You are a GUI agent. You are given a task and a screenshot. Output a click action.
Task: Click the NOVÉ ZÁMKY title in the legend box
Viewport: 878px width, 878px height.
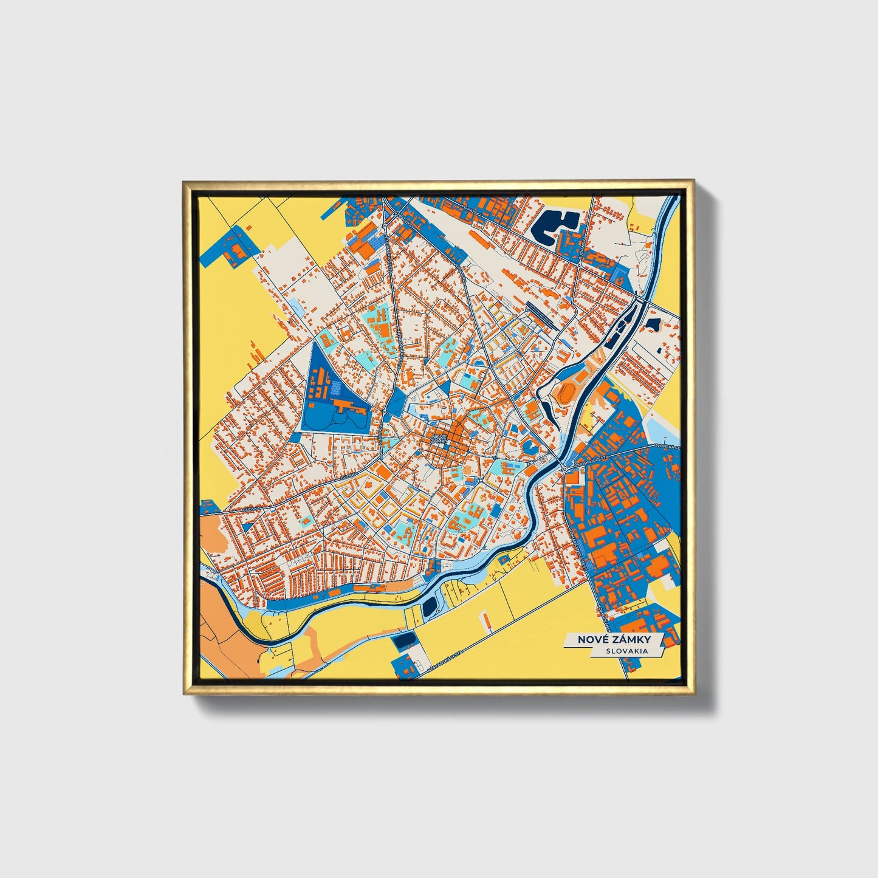(x=614, y=639)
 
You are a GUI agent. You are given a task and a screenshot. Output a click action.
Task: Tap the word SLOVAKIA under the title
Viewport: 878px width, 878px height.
(x=626, y=651)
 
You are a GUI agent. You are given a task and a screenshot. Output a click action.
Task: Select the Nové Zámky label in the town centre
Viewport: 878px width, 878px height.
(x=439, y=438)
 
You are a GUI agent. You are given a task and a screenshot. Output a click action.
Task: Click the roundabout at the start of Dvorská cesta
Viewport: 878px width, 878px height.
(x=565, y=469)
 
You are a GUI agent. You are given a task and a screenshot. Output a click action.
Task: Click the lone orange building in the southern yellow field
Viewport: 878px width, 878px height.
(x=487, y=621)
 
